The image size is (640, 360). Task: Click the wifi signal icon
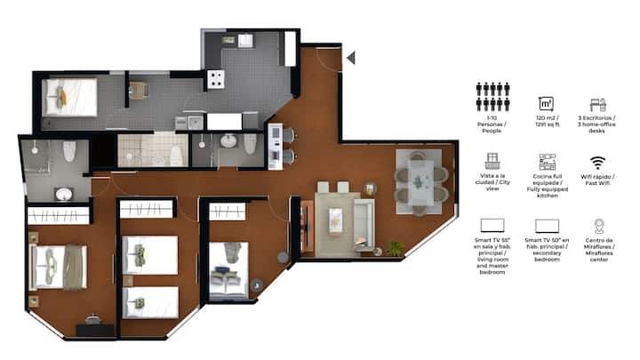pyautogui.click(x=597, y=163)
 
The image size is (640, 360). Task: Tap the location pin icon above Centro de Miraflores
pyautogui.click(x=599, y=226)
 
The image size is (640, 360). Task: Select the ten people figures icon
pyautogui.click(x=492, y=97)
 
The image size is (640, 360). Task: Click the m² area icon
pyautogui.click(x=546, y=104)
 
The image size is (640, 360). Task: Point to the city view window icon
pyautogui.click(x=492, y=161)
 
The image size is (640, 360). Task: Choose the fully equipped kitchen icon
pyautogui.click(x=547, y=162)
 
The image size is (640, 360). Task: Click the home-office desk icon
pyautogui.click(x=598, y=105)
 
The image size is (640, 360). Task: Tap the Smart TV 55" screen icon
pyautogui.click(x=492, y=225)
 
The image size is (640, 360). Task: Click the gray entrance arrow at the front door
pyautogui.click(x=351, y=58)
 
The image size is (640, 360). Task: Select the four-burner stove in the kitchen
pyautogui.click(x=215, y=80)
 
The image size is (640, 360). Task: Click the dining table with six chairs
pyautogui.click(x=420, y=182)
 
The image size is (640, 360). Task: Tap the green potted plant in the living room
pyautogui.click(x=394, y=249)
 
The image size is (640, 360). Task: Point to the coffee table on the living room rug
pyautogui.click(x=335, y=220)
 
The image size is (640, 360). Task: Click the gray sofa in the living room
pyautogui.click(x=364, y=224)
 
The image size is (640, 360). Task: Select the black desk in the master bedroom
pyautogui.click(x=95, y=330)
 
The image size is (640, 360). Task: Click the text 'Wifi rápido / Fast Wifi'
pyautogui.click(x=597, y=180)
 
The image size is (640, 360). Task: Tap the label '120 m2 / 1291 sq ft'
pyautogui.click(x=548, y=121)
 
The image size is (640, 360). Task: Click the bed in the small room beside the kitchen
pyautogui.click(x=70, y=97)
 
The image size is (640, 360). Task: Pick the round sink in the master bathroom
pyautogui.click(x=64, y=194)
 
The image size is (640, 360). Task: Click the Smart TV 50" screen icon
pyautogui.click(x=547, y=226)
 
